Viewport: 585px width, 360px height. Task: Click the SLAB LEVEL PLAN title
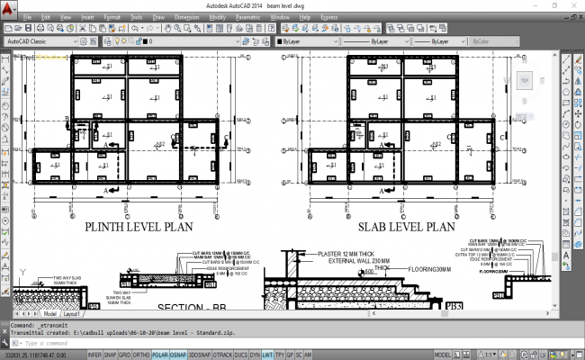tap(407, 229)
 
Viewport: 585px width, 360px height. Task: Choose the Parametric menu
tap(247, 17)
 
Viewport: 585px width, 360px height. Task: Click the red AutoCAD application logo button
tap(8, 6)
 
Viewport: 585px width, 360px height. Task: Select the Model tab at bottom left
tap(49, 314)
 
